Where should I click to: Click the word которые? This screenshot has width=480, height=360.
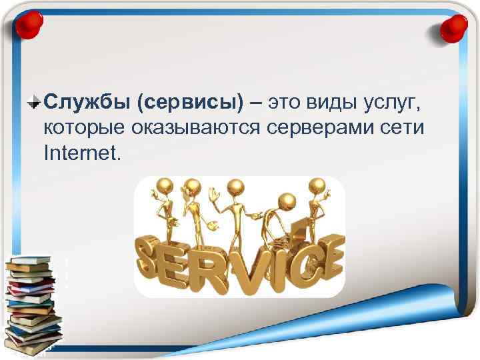click(x=80, y=128)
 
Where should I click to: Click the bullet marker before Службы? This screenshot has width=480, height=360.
click(x=35, y=103)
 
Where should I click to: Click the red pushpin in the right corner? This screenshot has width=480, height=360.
click(x=455, y=27)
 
